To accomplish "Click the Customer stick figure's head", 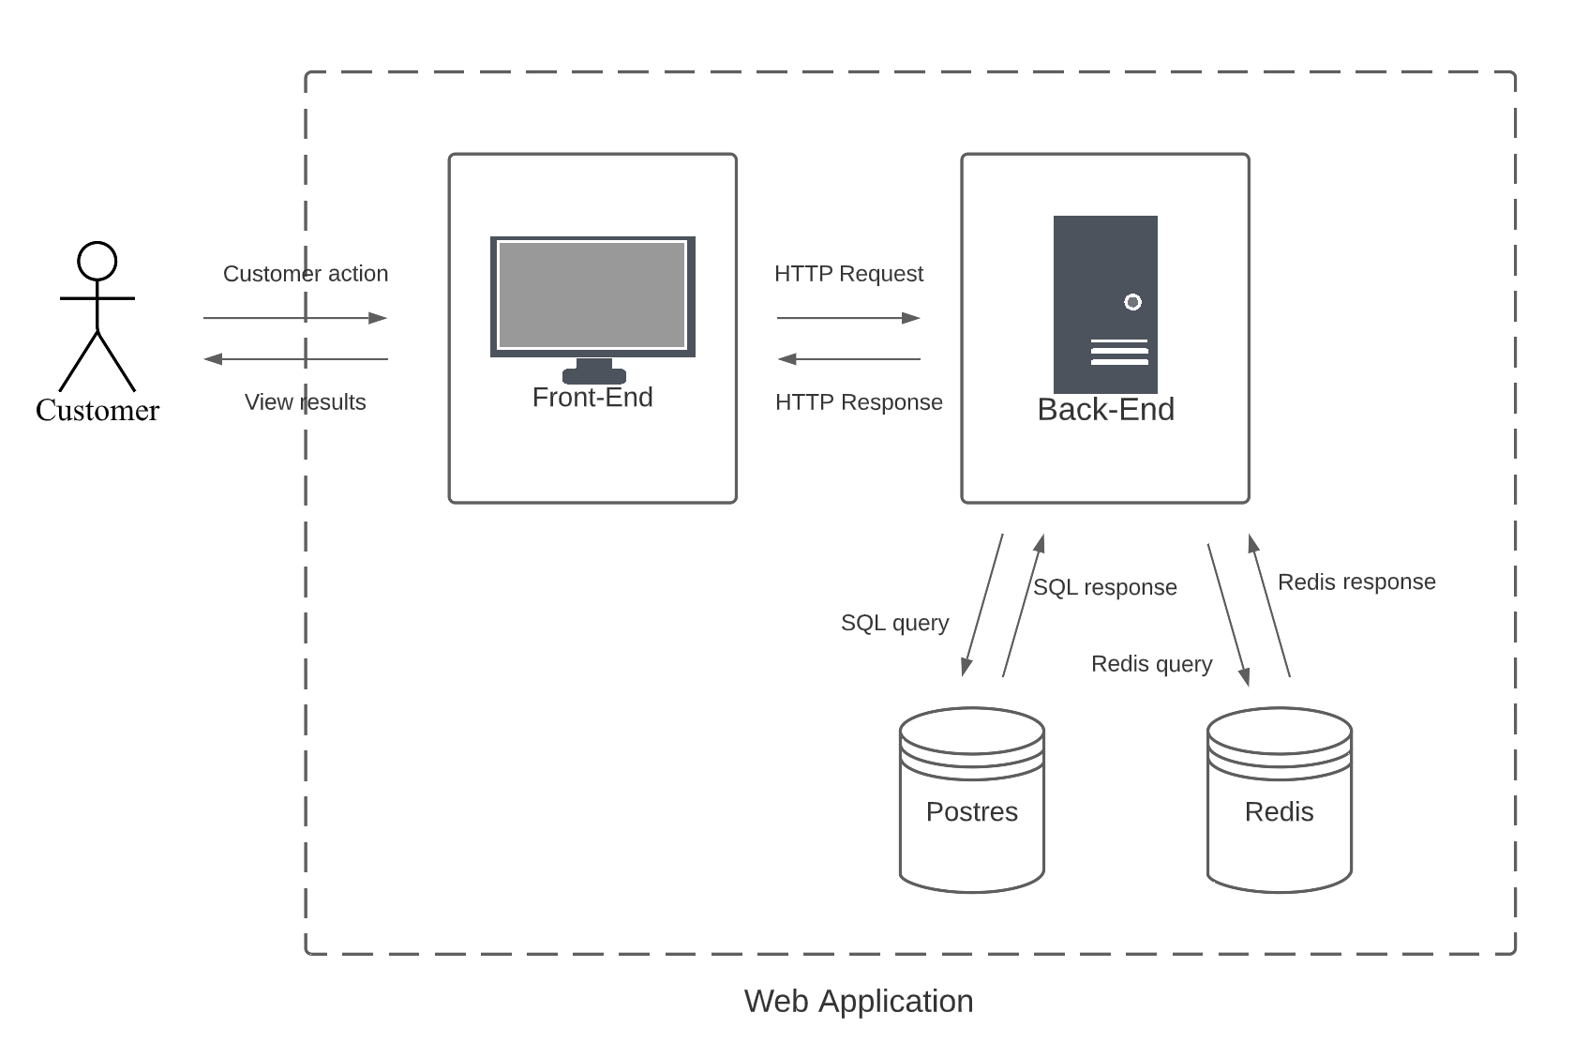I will point(97,261).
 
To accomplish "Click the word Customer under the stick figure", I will point(97,410).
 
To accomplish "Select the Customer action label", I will point(305,274).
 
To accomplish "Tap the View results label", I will point(305,402).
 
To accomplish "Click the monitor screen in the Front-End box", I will point(592,295).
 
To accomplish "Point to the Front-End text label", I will point(592,398).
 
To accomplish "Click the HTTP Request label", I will point(848,274).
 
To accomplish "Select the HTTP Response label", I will point(859,402).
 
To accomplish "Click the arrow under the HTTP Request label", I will point(848,318).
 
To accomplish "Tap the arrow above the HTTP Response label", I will point(848,359).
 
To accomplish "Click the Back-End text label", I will point(1105,410).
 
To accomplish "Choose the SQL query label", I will point(894,623).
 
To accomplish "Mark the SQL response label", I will point(1104,587).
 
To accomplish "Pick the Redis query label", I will point(1151,664).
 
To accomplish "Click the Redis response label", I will point(1356,582).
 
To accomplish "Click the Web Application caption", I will point(859,1001).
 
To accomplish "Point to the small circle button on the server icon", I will point(1132,302).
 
